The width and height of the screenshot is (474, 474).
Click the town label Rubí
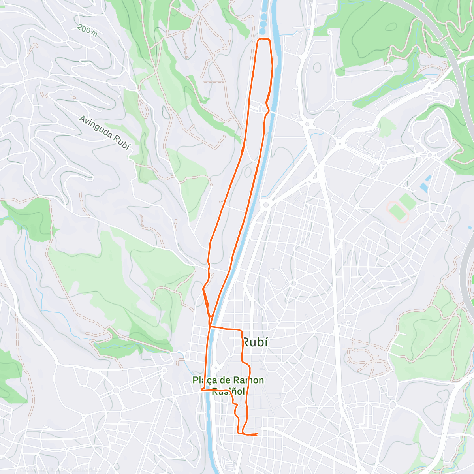pyautogui.click(x=255, y=342)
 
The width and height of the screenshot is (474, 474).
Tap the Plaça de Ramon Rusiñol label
pyautogui.click(x=228, y=386)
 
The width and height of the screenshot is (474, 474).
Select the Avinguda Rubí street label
pyautogui.click(x=104, y=132)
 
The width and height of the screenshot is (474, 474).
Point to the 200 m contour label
pyautogui.click(x=87, y=30)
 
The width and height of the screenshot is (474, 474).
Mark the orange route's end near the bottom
pyautogui.click(x=257, y=434)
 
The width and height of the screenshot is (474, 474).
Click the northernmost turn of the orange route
pyautogui.click(x=264, y=39)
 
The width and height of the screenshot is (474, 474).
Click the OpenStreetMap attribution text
pyautogui.click(x=81, y=469)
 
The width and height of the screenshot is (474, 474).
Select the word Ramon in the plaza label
pyautogui.click(x=248, y=380)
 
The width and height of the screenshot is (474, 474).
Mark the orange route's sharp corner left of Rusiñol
pyautogui.click(x=202, y=390)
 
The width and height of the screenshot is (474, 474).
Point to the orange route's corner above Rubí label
pyautogui.click(x=241, y=329)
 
